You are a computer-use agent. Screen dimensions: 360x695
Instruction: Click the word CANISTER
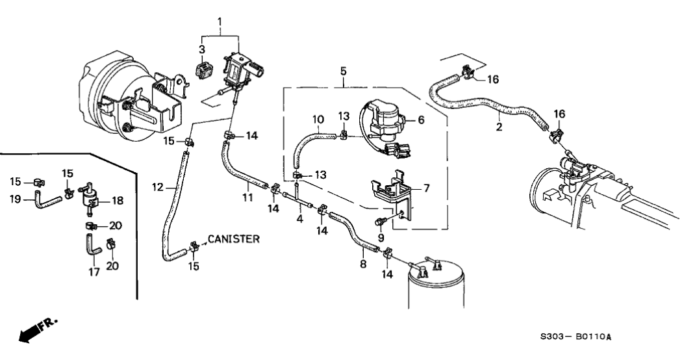[234, 239]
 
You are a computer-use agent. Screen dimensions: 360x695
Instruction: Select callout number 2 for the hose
[499, 127]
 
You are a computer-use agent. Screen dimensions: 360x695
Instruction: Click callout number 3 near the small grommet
[202, 49]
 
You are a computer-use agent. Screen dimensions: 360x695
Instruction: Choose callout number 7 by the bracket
[426, 188]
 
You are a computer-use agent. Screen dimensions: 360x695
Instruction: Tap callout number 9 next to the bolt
[382, 237]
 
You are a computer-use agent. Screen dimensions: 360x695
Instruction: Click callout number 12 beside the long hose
[157, 188]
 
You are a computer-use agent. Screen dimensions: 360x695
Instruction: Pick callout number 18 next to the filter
[117, 201]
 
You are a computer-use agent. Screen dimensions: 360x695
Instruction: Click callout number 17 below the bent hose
[95, 272]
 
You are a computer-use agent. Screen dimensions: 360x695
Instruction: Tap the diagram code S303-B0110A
[576, 338]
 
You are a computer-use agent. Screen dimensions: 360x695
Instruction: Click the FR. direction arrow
[38, 331]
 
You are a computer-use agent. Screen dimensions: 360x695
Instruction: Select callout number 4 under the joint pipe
[299, 219]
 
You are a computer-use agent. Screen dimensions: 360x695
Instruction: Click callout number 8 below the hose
[363, 265]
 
